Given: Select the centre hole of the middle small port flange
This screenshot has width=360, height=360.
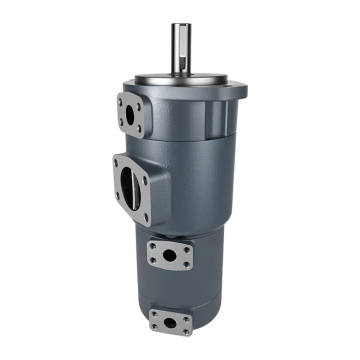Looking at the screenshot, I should (170, 255).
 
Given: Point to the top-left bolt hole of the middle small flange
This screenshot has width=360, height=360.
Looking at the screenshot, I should (151, 245).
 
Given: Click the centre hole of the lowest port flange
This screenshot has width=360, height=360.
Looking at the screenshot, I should (171, 322).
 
